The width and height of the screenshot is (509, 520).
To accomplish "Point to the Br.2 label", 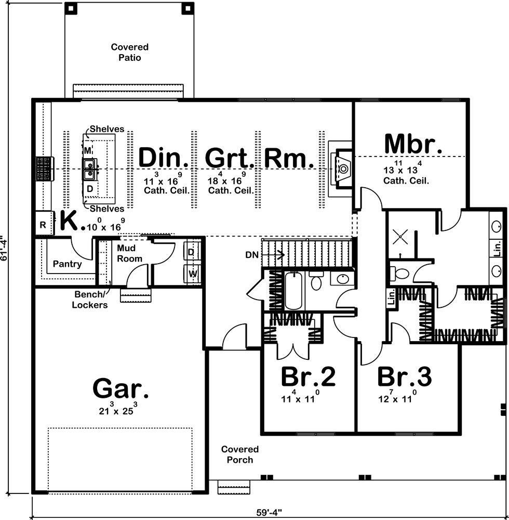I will (x=309, y=377).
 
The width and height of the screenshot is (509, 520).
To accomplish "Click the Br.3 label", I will (x=404, y=377).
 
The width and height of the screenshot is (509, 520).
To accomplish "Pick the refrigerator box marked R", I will (x=43, y=225).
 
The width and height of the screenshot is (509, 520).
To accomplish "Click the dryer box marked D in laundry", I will (x=191, y=252).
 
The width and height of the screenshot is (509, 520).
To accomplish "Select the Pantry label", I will (x=67, y=264).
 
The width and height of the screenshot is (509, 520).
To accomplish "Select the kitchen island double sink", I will (x=89, y=166).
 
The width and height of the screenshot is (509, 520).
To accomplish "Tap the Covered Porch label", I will (x=239, y=454).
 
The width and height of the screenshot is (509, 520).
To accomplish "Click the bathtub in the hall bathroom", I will (x=294, y=291).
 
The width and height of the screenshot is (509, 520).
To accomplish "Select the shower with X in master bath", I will (x=401, y=237).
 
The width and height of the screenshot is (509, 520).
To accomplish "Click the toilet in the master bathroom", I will (x=400, y=272).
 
